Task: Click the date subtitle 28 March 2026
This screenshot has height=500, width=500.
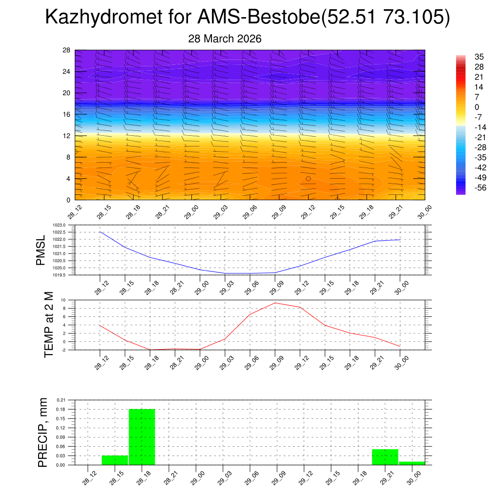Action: [225, 39]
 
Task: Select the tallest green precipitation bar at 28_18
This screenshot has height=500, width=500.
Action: [142, 437]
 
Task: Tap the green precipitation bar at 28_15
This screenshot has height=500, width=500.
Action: [115, 460]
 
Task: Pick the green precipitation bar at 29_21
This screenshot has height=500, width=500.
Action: [385, 457]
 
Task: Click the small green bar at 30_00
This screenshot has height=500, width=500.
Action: [412, 463]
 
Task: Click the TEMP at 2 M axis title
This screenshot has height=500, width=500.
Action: [49, 325]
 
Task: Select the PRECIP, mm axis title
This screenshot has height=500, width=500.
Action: [43, 433]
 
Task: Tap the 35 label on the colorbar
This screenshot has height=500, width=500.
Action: [479, 57]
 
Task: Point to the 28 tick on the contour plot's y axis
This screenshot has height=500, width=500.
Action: [67, 50]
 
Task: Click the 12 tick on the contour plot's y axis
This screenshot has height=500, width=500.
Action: [67, 136]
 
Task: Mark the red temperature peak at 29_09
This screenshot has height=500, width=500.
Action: [275, 303]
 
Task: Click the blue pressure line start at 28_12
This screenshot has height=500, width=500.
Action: [100, 232]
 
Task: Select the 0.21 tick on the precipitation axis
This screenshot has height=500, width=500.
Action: [61, 400]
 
